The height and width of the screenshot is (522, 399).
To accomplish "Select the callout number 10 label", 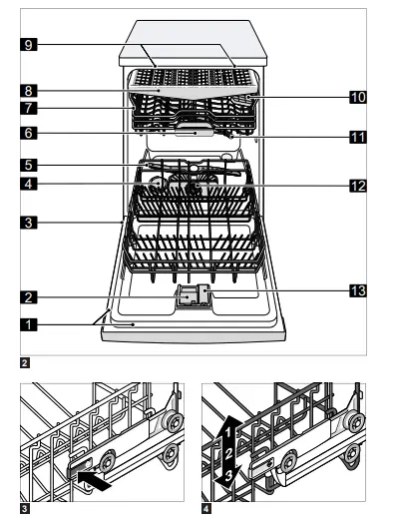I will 357,97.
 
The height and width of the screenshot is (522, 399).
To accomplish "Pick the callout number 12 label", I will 357,185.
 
